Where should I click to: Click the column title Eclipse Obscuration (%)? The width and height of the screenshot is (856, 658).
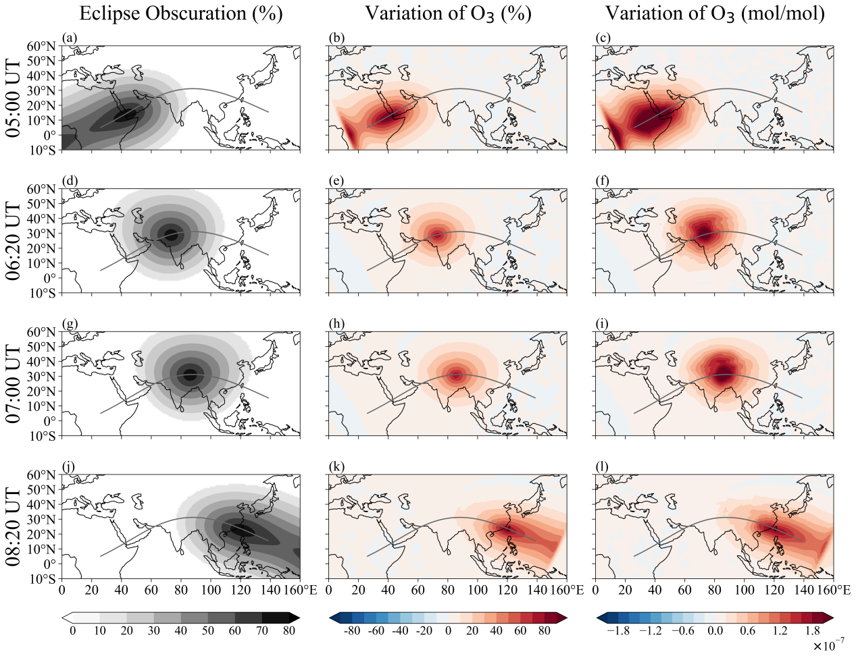click(180, 13)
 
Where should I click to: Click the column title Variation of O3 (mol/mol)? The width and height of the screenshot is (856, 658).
click(715, 13)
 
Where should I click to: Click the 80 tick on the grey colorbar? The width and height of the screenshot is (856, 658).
click(289, 631)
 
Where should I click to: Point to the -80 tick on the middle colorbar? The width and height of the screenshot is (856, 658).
click(351, 631)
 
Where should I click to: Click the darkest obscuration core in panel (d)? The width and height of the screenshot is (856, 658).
click(171, 235)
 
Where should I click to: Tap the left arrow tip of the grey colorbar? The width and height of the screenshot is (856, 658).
click(64, 617)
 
